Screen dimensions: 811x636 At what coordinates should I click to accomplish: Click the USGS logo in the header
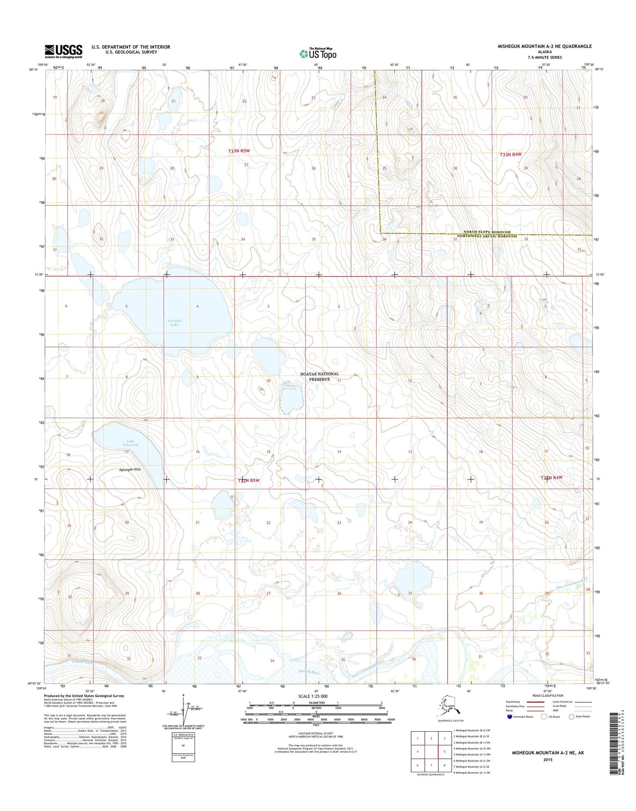[63, 51]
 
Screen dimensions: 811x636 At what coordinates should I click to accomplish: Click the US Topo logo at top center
[318, 53]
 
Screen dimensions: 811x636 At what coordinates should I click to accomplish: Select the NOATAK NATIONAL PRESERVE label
[320, 376]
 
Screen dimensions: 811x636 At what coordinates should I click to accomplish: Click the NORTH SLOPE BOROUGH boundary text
[486, 232]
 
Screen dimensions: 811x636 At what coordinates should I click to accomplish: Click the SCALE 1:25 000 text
[313, 696]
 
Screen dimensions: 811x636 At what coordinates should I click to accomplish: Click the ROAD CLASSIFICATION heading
[548, 696]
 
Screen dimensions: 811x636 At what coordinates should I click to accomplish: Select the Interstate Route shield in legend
[509, 716]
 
